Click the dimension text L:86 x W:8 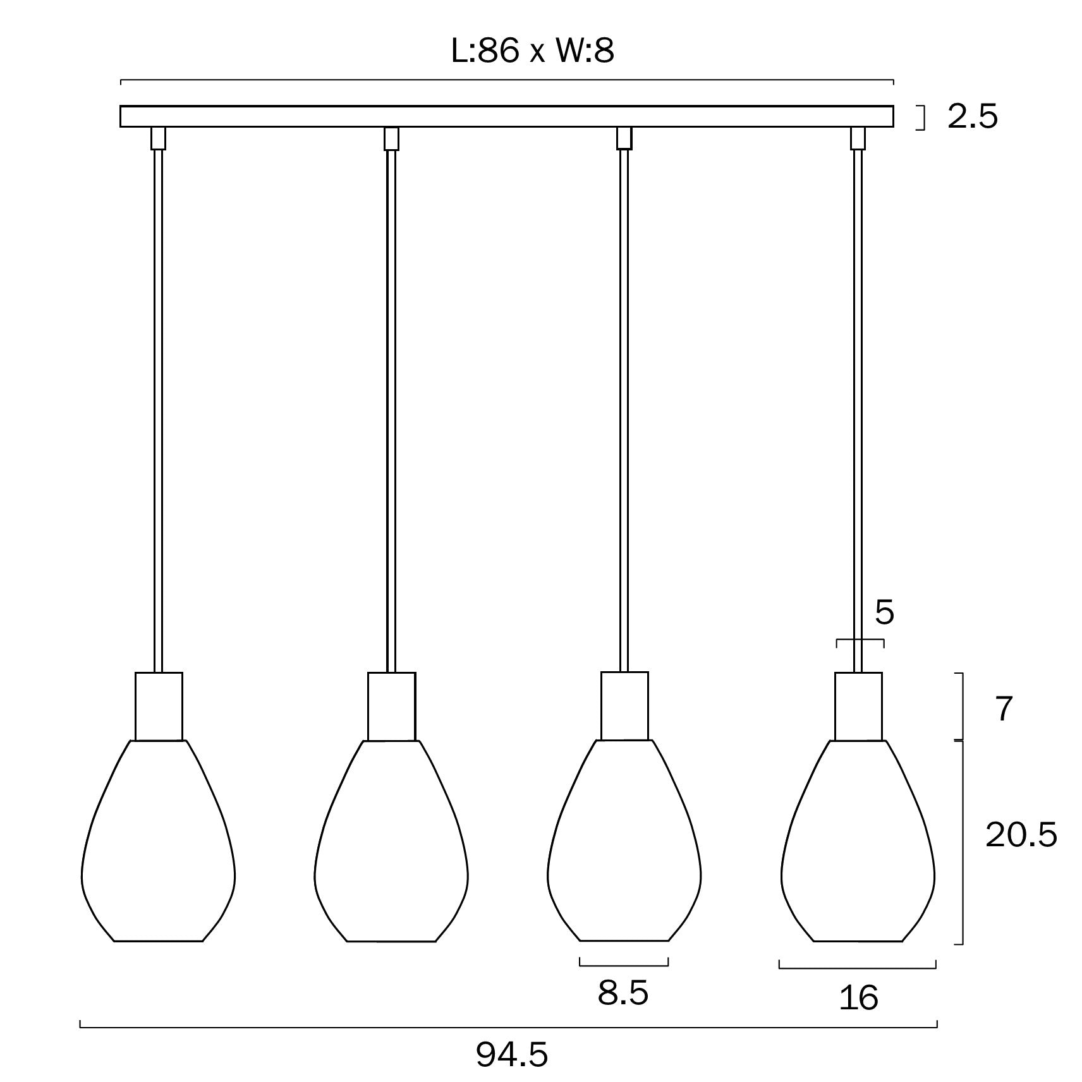pyautogui.click(x=532, y=51)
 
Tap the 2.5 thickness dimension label pyautogui.click(x=972, y=117)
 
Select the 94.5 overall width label pyautogui.click(x=511, y=1055)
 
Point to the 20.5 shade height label pyautogui.click(x=1021, y=835)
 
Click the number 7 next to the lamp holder pyautogui.click(x=1004, y=708)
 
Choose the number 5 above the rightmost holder pyautogui.click(x=884, y=612)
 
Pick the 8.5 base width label pyautogui.click(x=623, y=993)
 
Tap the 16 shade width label pyautogui.click(x=858, y=998)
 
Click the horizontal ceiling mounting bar pyautogui.click(x=506, y=117)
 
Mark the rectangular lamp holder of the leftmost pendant pyautogui.click(x=159, y=706)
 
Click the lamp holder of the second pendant pyautogui.click(x=392, y=706)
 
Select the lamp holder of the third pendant pyautogui.click(x=624, y=706)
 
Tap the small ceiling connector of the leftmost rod pyautogui.click(x=158, y=138)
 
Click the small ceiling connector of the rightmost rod pyautogui.click(x=858, y=138)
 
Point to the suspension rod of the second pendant pyautogui.click(x=391, y=411)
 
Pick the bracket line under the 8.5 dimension pyautogui.click(x=623, y=965)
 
